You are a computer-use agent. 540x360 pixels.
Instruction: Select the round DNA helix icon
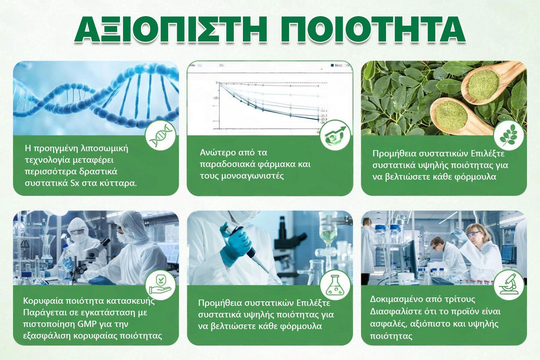point(160,135)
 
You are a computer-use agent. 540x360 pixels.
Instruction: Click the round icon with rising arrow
point(335,135)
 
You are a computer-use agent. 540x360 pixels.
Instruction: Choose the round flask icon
point(335,285)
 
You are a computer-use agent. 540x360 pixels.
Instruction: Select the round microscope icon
point(509,284)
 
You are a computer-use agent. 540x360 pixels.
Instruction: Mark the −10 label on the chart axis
point(215,98)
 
